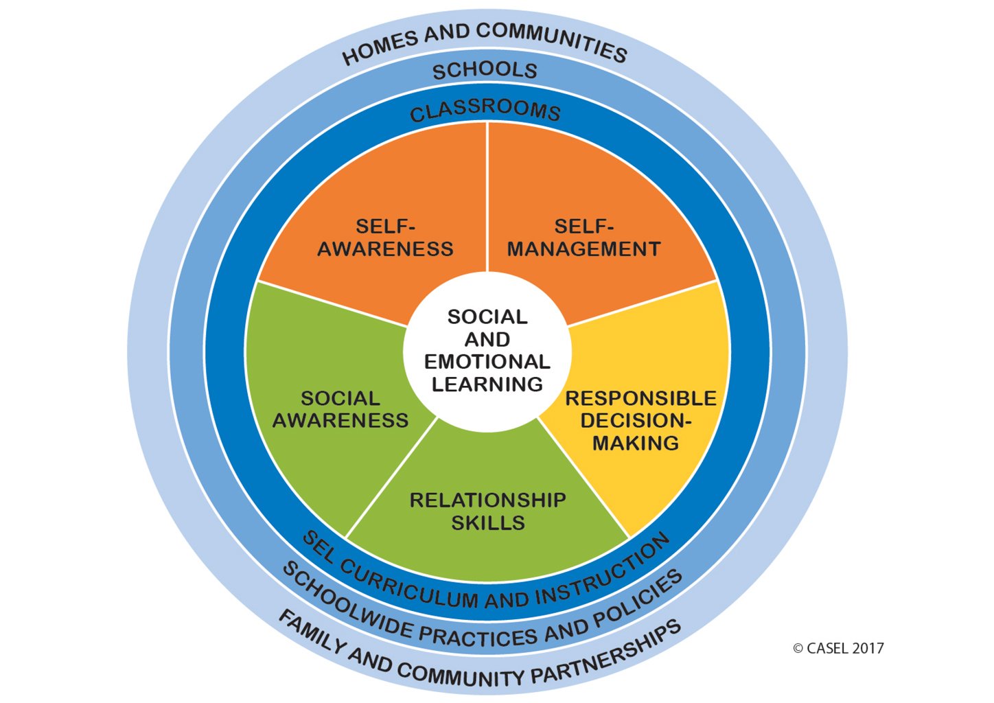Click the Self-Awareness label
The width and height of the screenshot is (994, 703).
tap(385, 238)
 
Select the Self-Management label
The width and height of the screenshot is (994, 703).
tap(583, 238)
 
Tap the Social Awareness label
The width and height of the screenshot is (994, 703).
tap(340, 409)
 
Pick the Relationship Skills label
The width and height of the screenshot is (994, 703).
tap(487, 511)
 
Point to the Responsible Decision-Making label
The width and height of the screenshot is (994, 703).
tap(640, 420)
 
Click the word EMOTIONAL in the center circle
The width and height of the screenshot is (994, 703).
tap(487, 362)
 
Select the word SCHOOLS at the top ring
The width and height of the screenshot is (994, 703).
tap(485, 69)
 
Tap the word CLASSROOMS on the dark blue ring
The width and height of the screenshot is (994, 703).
tap(485, 111)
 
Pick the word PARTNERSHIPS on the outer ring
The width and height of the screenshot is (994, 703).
tap(607, 653)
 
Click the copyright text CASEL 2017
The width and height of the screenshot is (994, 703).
tap(838, 648)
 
